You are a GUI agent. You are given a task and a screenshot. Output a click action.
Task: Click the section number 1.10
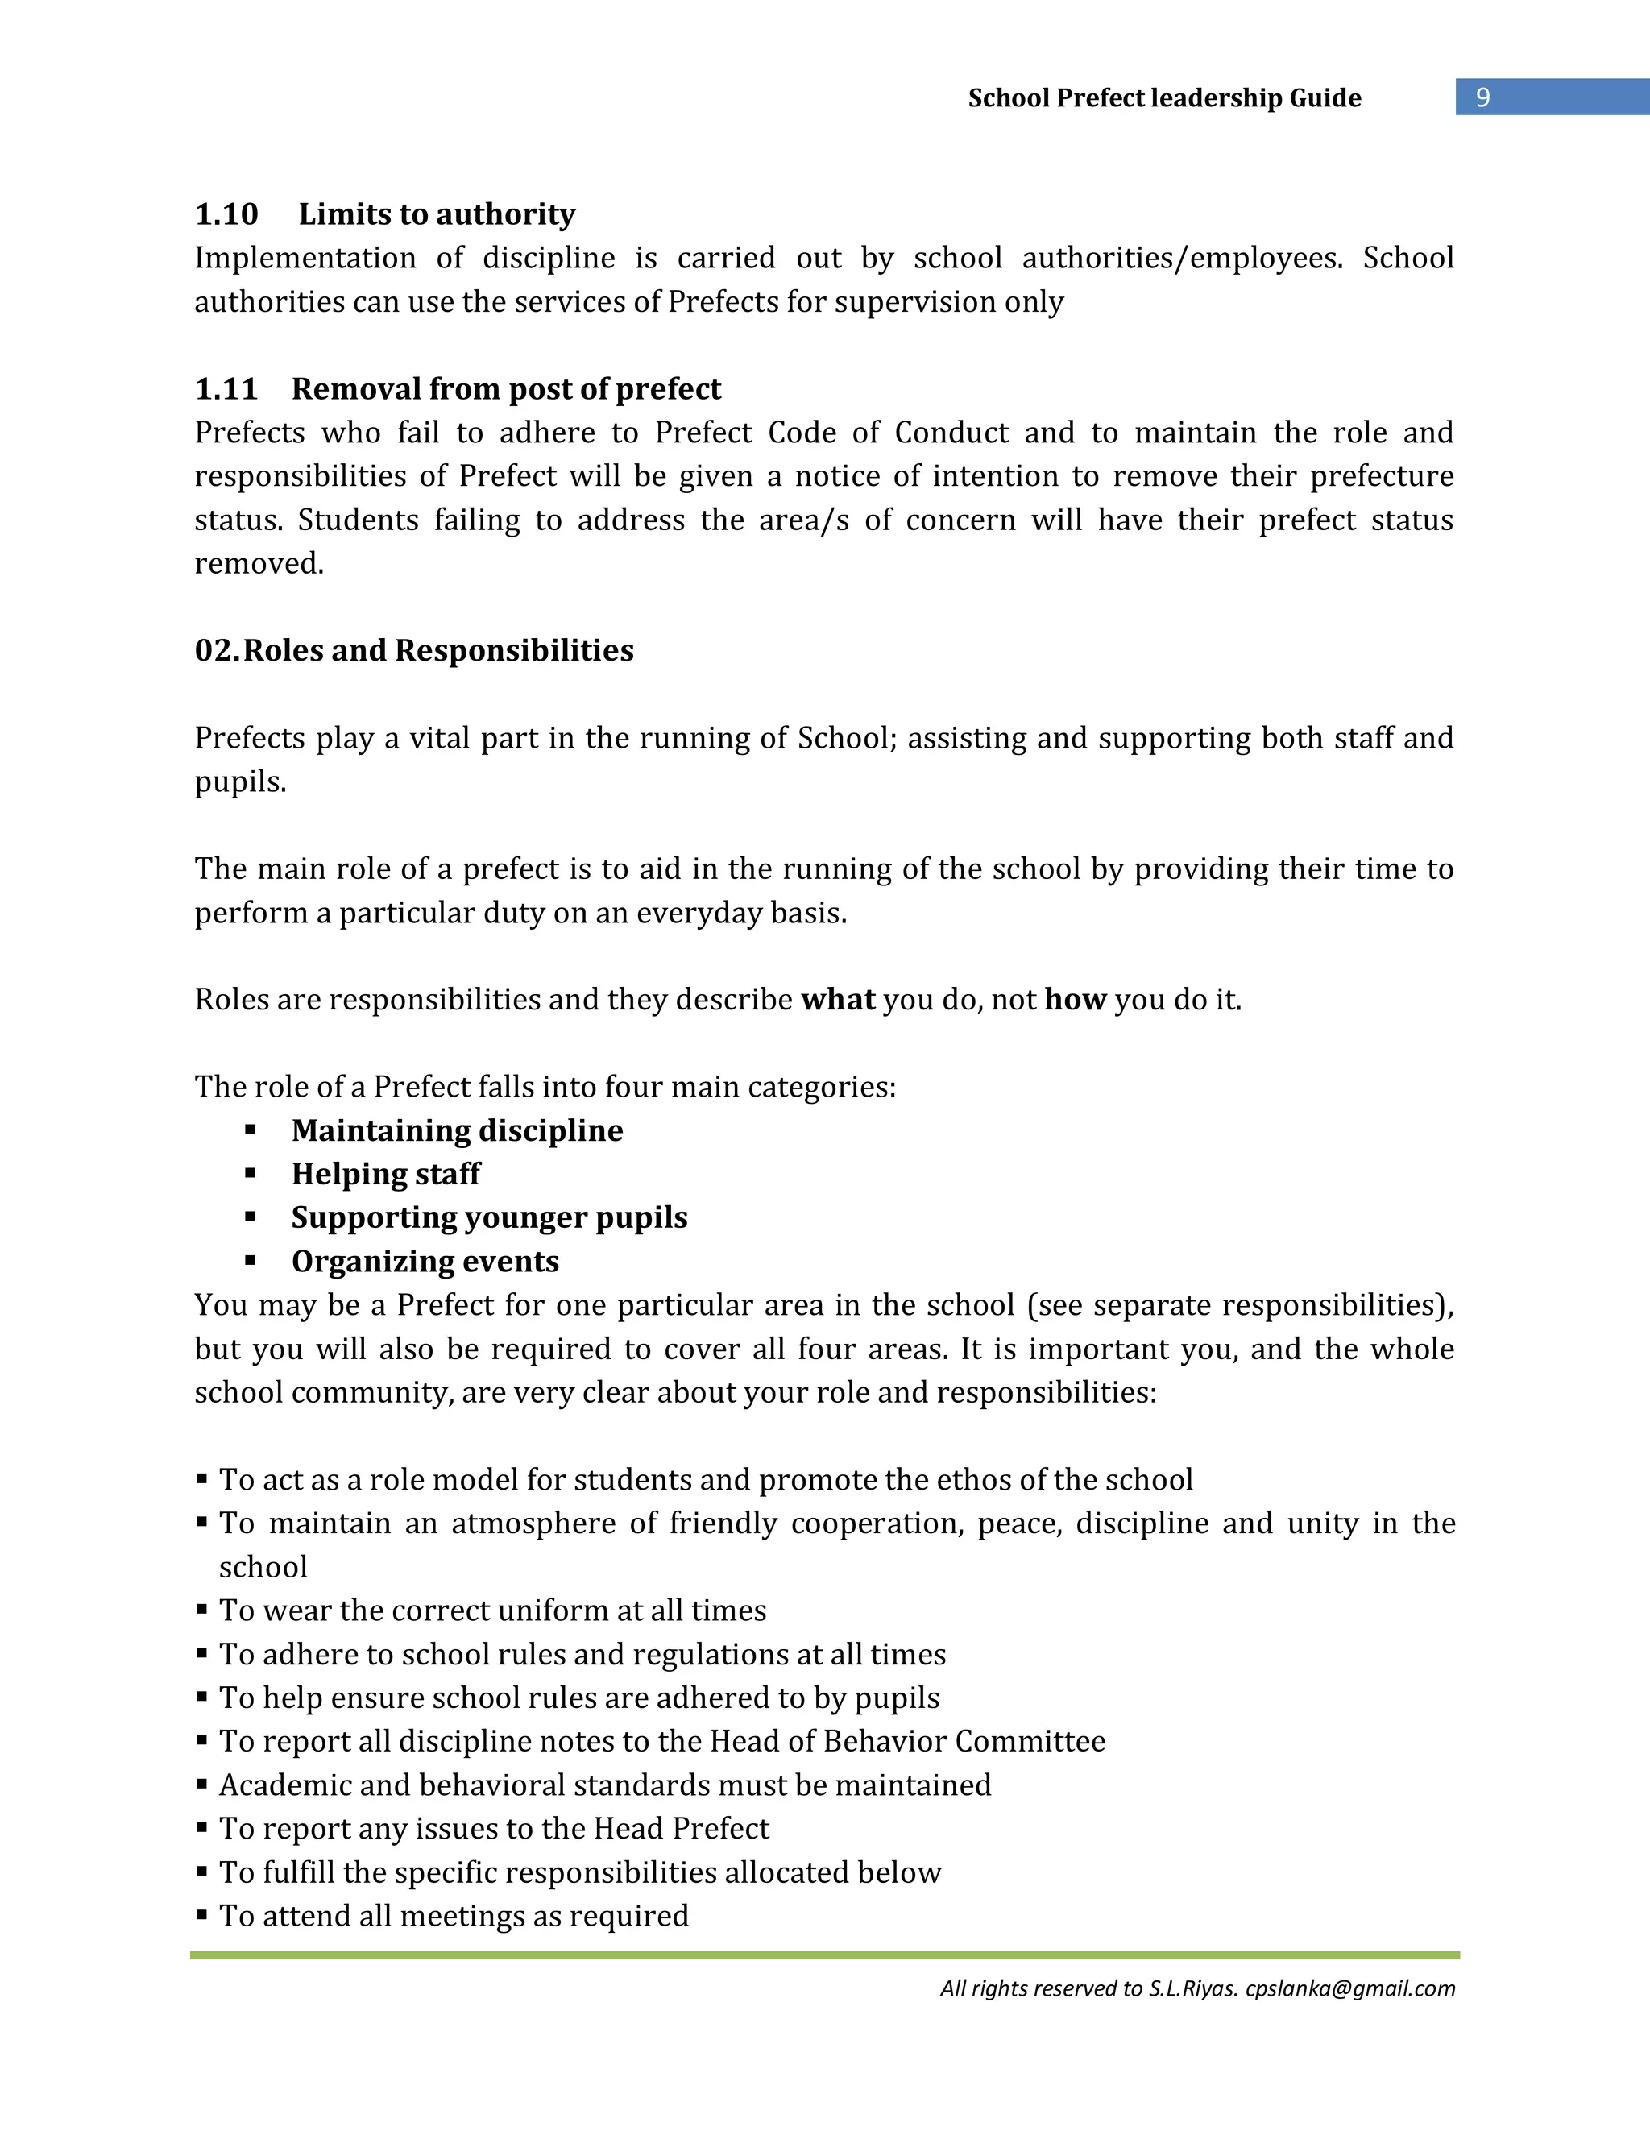pyautogui.click(x=226, y=214)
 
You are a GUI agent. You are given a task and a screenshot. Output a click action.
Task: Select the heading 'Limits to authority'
pyautogui.click(x=437, y=214)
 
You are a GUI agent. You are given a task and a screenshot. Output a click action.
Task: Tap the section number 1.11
pyautogui.click(x=226, y=389)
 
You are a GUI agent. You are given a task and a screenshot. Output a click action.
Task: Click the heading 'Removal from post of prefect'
pyautogui.click(x=505, y=389)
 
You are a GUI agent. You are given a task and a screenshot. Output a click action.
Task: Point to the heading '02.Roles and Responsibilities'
pyautogui.click(x=414, y=650)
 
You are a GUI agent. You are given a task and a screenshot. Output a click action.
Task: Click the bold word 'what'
pyautogui.click(x=837, y=1000)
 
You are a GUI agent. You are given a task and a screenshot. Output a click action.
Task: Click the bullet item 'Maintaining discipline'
pyautogui.click(x=457, y=1130)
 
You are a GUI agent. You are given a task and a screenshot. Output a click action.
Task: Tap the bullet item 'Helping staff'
pyautogui.click(x=385, y=1174)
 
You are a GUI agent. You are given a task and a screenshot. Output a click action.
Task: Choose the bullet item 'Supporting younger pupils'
pyautogui.click(x=489, y=1217)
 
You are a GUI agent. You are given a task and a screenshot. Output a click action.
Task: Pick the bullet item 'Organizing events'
pyautogui.click(x=425, y=1261)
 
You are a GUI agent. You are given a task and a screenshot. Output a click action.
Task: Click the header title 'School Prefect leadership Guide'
pyautogui.click(x=1163, y=97)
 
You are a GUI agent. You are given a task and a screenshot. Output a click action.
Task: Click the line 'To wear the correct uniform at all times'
pyautogui.click(x=492, y=1610)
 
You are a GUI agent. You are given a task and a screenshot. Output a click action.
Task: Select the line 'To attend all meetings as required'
pyautogui.click(x=454, y=1915)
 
